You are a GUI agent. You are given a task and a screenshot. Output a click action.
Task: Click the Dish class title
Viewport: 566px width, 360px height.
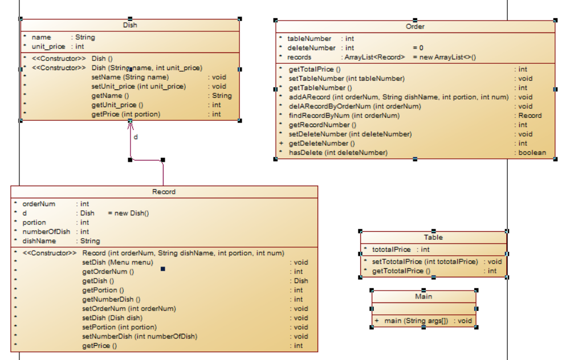tap(130, 25)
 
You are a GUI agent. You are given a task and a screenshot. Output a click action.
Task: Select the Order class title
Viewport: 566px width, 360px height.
tap(415, 27)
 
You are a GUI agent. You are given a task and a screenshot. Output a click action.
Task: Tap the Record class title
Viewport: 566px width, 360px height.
tap(164, 192)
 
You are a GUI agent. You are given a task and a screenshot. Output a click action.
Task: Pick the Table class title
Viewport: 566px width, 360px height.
tap(433, 238)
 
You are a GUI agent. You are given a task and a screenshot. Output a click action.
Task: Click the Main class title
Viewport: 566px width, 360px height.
tap(424, 297)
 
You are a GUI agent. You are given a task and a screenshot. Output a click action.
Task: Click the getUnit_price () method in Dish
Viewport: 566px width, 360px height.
tap(117, 105)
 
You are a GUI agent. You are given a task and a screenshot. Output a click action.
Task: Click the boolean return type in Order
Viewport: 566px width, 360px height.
tap(531, 153)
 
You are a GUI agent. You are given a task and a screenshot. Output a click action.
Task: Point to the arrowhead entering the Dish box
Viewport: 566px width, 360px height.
tap(130, 124)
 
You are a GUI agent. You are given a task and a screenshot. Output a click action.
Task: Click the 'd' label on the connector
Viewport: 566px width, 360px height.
tap(136, 137)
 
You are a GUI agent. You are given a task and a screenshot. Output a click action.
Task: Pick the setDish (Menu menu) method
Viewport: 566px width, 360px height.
tap(117, 263)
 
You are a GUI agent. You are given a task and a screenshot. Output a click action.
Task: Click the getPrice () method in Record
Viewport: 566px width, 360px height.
tap(100, 346)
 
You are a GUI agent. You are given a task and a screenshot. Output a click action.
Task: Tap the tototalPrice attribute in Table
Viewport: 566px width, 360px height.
tap(391, 249)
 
